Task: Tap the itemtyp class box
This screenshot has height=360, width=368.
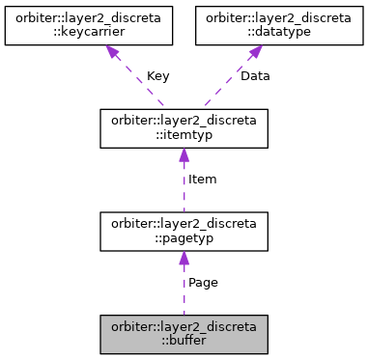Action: coord(184,128)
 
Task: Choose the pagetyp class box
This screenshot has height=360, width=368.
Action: coord(184,232)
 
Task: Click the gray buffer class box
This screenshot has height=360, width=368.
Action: coord(184,334)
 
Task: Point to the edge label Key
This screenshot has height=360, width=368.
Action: coord(159,76)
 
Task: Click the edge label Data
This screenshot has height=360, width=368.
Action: coord(256,76)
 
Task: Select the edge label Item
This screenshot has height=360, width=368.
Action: coord(202,180)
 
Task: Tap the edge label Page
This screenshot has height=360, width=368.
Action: coord(203,283)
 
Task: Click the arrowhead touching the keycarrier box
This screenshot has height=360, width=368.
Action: coord(113,54)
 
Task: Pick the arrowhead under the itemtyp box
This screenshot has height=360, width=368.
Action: coord(184,156)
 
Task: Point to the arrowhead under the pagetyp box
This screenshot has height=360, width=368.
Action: coord(184,260)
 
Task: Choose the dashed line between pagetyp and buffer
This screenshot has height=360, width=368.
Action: coord(184,294)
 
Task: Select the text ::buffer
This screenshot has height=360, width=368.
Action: coord(184,341)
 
